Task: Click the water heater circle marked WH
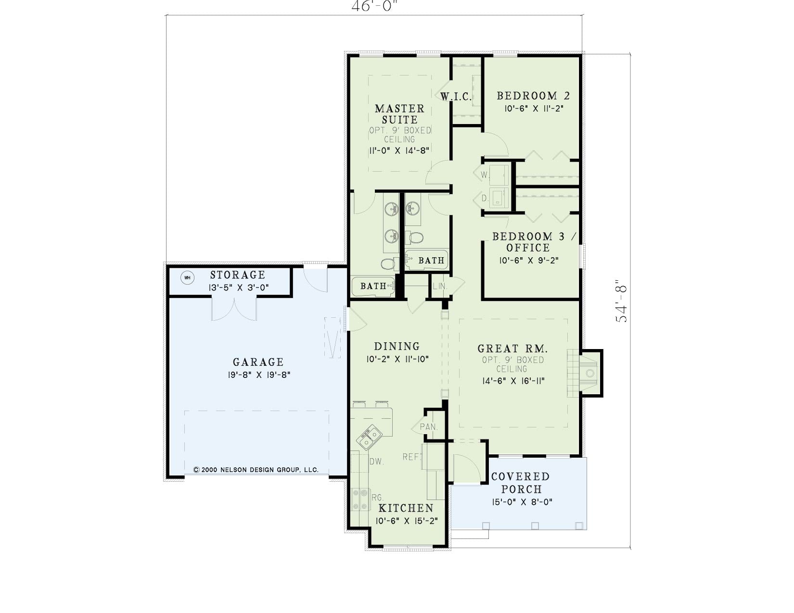pos(188,278)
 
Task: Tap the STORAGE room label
pos(238,275)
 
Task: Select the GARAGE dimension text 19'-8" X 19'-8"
pos(259,375)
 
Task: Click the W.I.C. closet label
pos(456,97)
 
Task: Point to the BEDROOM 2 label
pos(533,96)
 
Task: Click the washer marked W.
pos(499,175)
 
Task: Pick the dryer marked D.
pos(499,198)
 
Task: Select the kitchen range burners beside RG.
pos(360,499)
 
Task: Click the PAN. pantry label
pos(429,427)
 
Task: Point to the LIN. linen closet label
pos(440,286)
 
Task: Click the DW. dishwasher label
pos(376,462)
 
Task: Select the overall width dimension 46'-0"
pos(374,6)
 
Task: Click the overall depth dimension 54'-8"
pos(621,301)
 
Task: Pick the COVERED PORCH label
pos(521,483)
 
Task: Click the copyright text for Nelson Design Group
pos(256,470)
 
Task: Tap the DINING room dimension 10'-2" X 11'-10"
pos(397,359)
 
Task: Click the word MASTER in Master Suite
pos(400,109)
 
